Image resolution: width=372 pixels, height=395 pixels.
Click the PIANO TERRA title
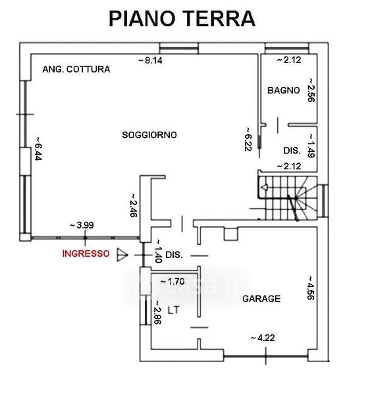point(182,18)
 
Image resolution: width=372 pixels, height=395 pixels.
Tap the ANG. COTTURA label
point(76,69)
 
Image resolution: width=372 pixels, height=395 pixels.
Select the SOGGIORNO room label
point(149,135)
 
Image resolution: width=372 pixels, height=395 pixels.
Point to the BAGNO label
point(284,90)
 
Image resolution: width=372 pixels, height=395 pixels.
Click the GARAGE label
point(261,299)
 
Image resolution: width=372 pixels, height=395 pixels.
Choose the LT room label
point(174,310)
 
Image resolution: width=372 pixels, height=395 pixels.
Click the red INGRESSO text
point(86,253)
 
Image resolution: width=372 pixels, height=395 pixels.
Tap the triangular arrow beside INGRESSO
point(122,255)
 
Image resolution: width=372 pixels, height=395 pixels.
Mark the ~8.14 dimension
point(150,61)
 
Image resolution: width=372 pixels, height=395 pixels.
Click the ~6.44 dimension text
point(38,149)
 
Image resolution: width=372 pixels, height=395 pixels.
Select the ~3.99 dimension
point(82,225)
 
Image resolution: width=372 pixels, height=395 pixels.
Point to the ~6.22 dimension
point(248,139)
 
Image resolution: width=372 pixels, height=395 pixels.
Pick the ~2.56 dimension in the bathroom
point(311,90)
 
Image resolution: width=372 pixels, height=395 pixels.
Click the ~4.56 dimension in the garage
point(311,288)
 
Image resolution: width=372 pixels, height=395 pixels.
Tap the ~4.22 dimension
point(263,338)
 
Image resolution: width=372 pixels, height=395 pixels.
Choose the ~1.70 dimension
point(173,281)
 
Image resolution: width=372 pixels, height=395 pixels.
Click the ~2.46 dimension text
point(133,205)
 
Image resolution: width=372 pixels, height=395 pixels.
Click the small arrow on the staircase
point(265,188)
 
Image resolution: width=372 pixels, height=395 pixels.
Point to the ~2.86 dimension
point(157,313)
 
